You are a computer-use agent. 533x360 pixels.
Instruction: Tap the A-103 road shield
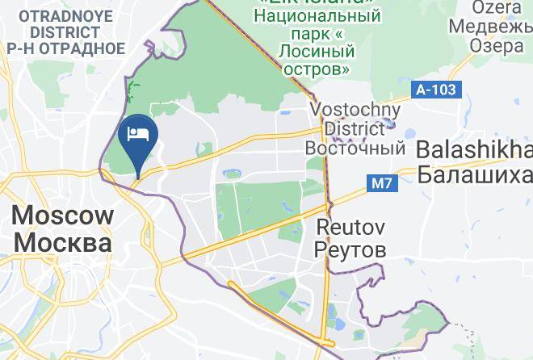[436, 90]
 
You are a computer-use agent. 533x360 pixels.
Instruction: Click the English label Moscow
[62, 216]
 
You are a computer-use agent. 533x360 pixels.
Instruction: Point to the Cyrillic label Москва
[62, 242]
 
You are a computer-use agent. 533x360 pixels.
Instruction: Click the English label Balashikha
[475, 150]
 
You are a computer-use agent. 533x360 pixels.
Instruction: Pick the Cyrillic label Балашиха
[475, 174]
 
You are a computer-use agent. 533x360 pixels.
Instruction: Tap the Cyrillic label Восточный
[355, 149]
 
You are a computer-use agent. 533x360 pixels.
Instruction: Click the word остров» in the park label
[316, 69]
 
